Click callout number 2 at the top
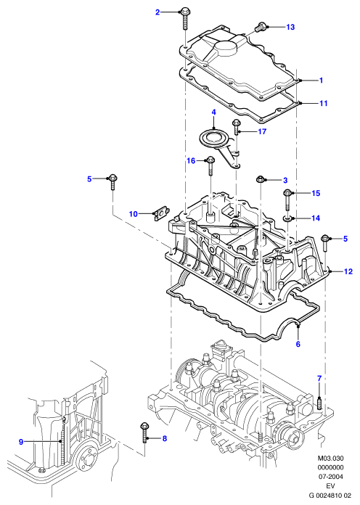click(157, 12)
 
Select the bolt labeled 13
click(260, 26)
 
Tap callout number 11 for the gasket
click(323, 103)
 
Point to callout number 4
click(213, 112)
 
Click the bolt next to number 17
click(236, 127)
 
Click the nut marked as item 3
click(261, 179)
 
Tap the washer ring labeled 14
click(286, 219)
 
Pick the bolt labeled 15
click(287, 200)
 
